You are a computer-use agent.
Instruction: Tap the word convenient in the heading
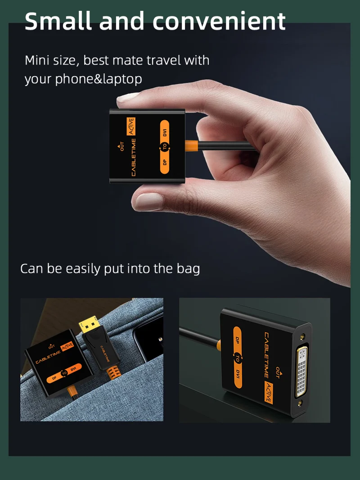pyautogui.click(x=219, y=21)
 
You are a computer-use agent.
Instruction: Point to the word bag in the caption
pyautogui.click(x=188, y=269)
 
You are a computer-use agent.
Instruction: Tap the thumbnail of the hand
pyautogui.click(x=148, y=202)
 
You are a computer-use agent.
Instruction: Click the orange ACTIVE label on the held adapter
pyautogui.click(x=131, y=127)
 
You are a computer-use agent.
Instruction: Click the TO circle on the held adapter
pyautogui.click(x=165, y=147)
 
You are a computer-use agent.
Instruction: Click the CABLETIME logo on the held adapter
pyautogui.click(x=134, y=157)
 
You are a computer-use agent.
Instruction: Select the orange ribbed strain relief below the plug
pyautogui.click(x=112, y=372)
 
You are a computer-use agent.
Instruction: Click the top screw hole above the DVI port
pyautogui.click(x=302, y=336)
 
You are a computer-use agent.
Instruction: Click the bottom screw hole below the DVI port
pyautogui.click(x=300, y=403)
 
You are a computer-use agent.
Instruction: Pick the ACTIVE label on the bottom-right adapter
pyautogui.click(x=269, y=393)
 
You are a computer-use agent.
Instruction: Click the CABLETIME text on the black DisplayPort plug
pyautogui.click(x=105, y=353)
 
